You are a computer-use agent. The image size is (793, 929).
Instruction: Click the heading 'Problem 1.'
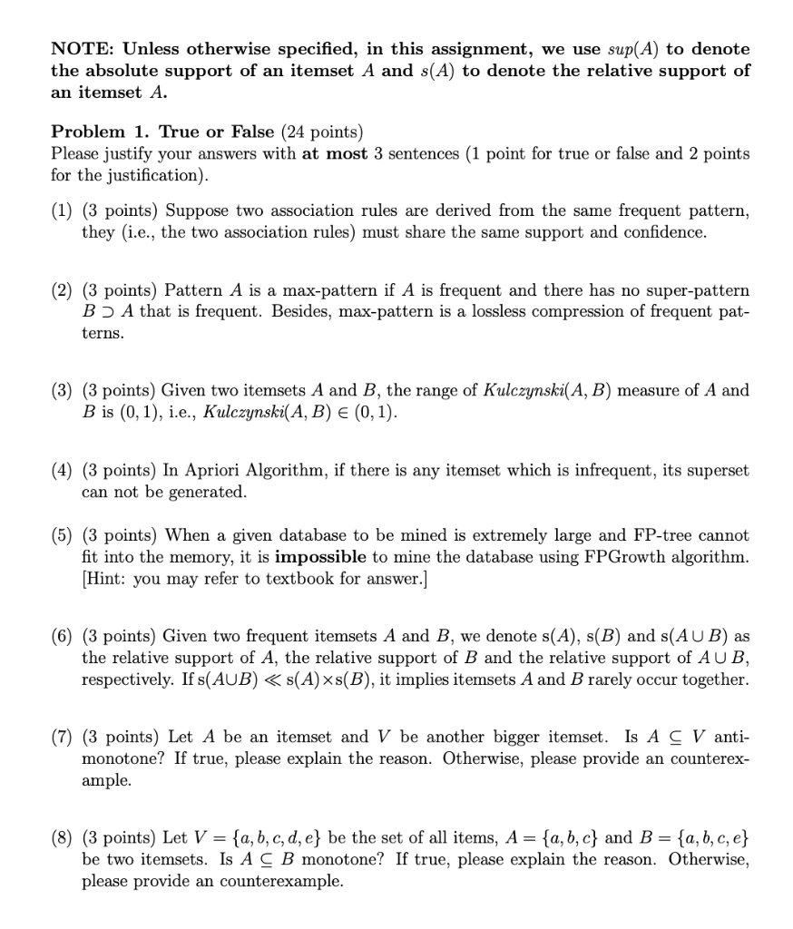pos(96,132)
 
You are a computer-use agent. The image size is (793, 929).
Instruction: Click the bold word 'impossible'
pos(320,557)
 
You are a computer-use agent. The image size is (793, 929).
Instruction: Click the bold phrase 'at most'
pos(333,153)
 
